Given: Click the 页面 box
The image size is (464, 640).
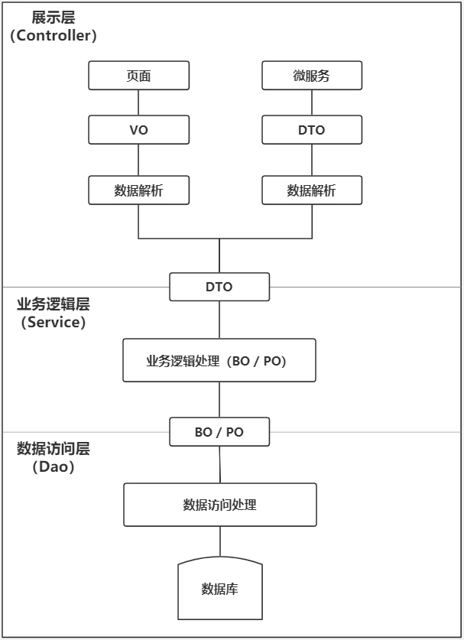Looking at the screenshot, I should tap(138, 76).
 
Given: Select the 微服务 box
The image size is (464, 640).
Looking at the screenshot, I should tap(311, 76).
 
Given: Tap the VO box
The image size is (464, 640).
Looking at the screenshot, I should tap(138, 130).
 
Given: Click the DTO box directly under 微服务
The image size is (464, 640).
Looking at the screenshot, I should tap(311, 130).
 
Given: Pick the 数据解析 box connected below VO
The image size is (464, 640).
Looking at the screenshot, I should tap(138, 190).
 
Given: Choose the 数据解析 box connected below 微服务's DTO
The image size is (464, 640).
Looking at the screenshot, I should tap(311, 190).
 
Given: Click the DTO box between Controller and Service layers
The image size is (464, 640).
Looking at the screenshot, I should tap(219, 288).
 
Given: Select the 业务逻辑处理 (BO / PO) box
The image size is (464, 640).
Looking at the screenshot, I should tap(219, 361).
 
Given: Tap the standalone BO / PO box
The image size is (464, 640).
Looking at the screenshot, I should tap(219, 432).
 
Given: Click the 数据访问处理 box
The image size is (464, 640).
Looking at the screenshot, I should tap(219, 505).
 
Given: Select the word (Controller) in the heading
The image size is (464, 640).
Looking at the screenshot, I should tap(54, 36).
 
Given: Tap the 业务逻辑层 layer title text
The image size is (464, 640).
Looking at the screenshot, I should tap(54, 304).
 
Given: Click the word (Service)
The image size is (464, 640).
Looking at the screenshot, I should tap(54, 322).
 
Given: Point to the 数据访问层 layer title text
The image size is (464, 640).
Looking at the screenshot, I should tap(54, 450).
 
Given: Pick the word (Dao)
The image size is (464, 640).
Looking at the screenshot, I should tap(54, 467).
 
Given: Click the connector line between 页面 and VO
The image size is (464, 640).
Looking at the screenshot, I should tap(138, 103).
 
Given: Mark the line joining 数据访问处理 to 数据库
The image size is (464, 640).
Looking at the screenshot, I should tap(220, 542).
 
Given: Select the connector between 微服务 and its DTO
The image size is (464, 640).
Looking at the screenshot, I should tap(311, 103).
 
